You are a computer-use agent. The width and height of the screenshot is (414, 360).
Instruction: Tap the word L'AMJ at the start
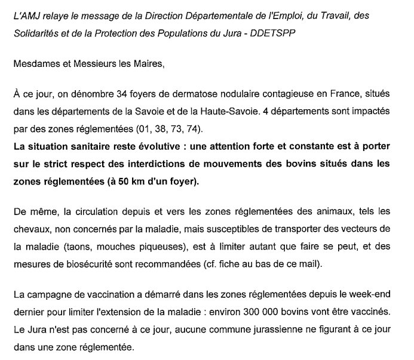pos(27,15)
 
